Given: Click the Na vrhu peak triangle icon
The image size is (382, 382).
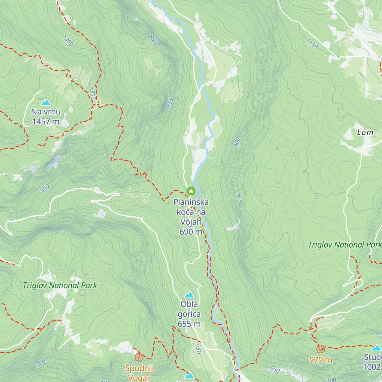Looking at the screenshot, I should coord(46,102).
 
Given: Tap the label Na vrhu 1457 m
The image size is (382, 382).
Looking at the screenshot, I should coord(46,117).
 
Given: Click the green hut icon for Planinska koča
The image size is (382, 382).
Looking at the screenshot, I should coord(191,191).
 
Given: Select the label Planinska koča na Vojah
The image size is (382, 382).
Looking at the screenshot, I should coord(191,212).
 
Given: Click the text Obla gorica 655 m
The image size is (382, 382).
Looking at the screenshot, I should coord(189,314).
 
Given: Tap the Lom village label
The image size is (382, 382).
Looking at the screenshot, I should coord(365,132).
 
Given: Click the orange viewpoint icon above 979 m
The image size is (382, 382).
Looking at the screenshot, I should coord(321,349).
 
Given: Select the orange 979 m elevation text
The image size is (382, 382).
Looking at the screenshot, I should coord(321,360).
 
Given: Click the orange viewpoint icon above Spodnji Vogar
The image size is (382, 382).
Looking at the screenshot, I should coord(139,357).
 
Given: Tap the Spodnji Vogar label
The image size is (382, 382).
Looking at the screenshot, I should coord(139,373).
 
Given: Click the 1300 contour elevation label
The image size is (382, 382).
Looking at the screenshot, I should coord(68,41).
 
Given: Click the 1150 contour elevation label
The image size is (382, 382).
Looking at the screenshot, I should coord(312,44).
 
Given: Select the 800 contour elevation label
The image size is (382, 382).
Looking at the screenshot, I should coord(237,142).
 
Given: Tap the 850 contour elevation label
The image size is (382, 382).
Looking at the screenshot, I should coord(170,103).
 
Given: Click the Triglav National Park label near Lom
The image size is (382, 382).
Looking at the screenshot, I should coord(344,245).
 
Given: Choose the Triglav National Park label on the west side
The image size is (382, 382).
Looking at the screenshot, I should coord(60,286).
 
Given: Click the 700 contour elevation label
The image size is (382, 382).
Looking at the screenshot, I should coord(331,379).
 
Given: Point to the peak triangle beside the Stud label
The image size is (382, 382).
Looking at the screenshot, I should coord(376,348).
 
